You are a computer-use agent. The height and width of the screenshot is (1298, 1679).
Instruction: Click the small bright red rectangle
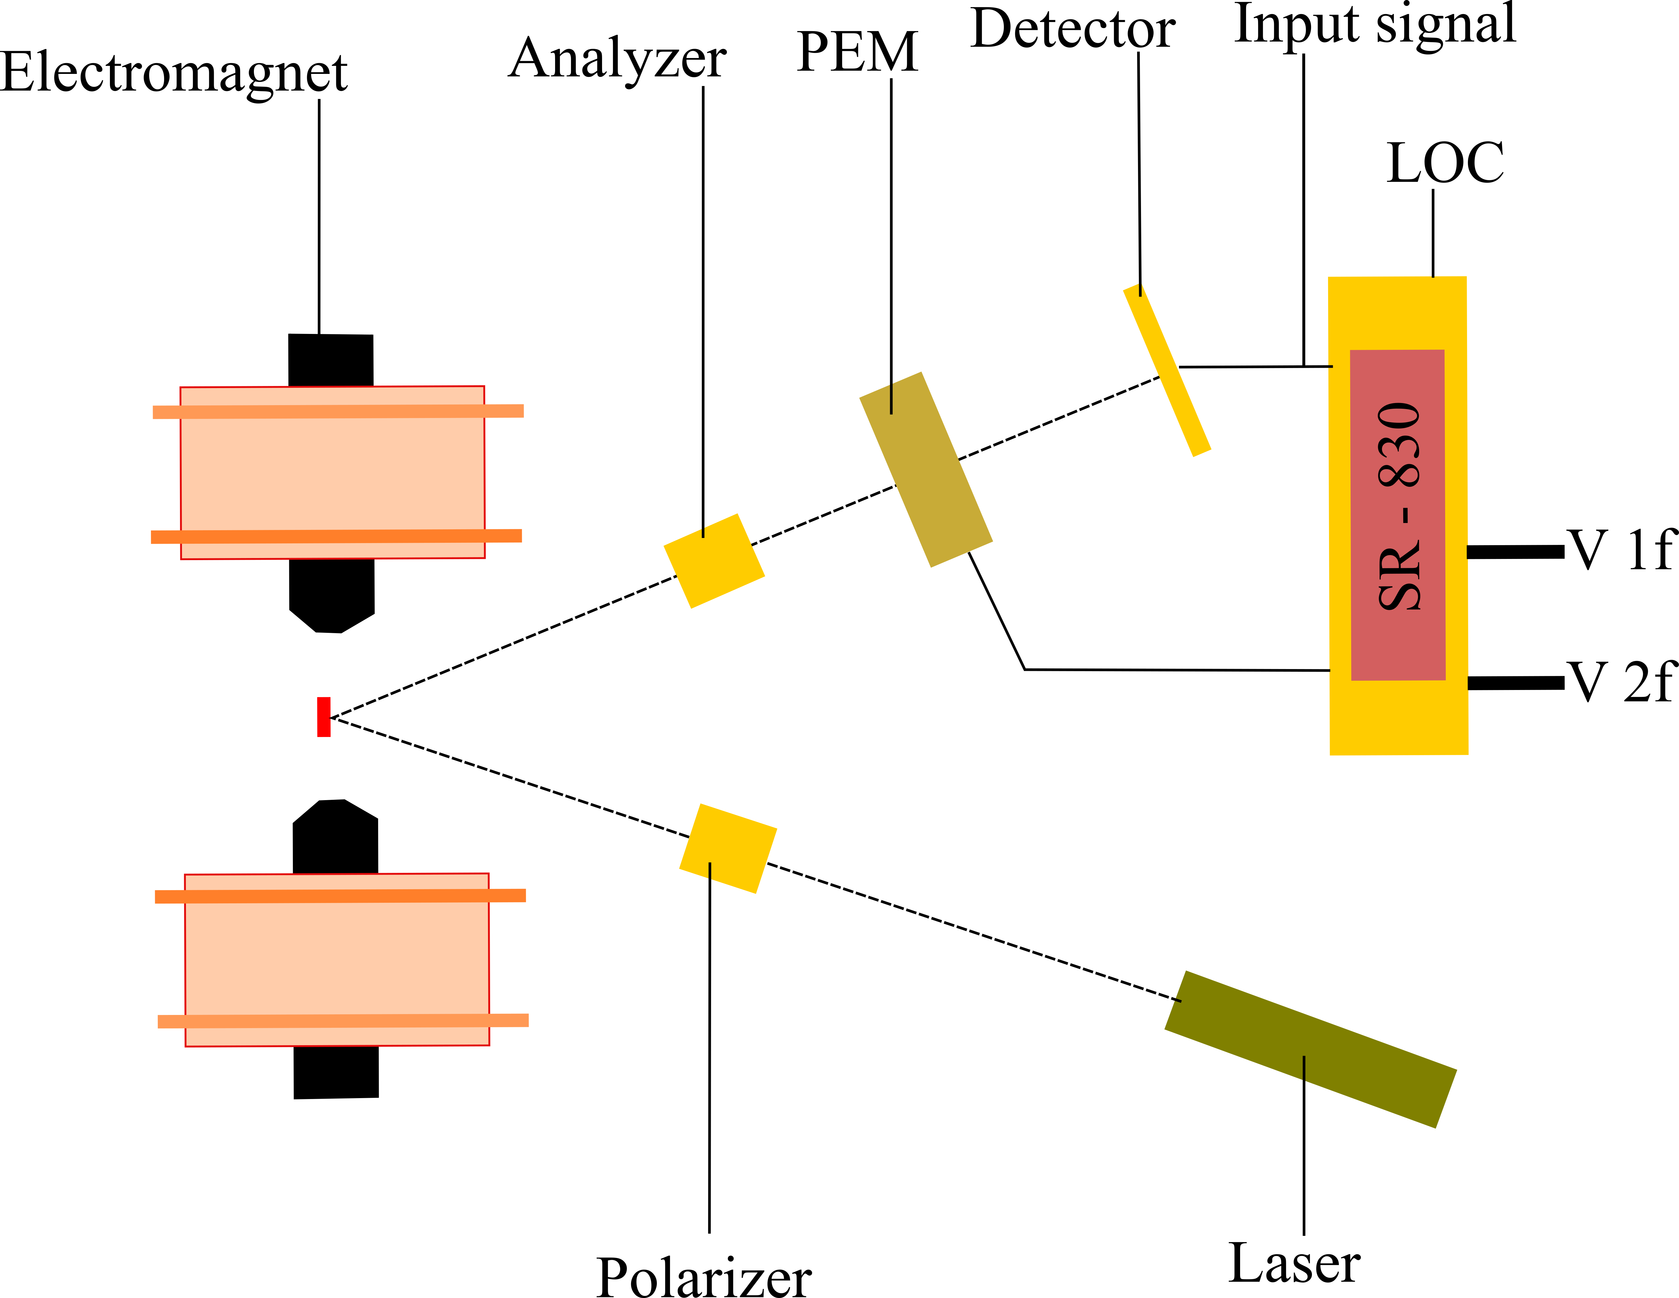click(324, 717)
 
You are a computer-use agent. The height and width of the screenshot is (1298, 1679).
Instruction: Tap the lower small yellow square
click(728, 848)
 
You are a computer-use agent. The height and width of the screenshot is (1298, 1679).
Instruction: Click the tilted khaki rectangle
click(926, 469)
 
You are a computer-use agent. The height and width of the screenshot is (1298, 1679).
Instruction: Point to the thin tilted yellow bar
click(1167, 370)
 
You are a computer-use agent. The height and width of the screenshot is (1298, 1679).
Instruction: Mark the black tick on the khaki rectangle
click(891, 398)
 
